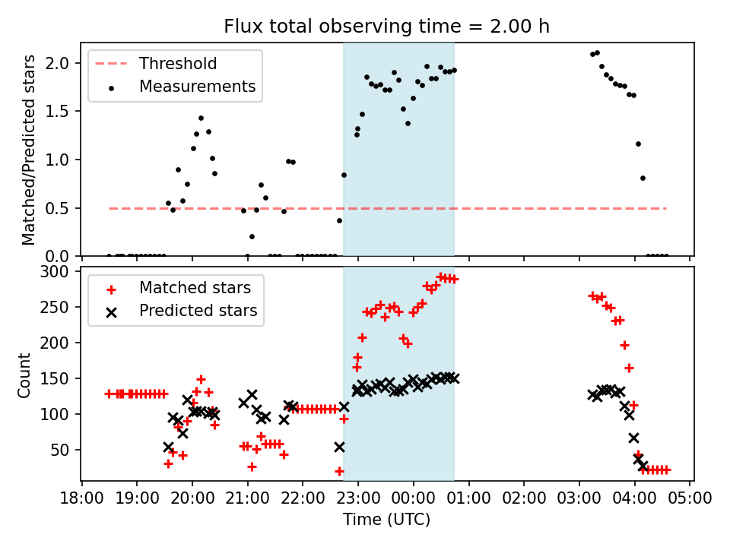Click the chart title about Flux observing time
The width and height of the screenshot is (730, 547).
point(386,27)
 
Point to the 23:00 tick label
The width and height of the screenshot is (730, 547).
point(358,498)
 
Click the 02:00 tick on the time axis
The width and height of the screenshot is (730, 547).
point(524,498)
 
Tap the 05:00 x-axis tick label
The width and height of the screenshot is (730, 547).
point(690,498)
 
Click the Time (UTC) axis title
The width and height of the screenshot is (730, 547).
point(386,520)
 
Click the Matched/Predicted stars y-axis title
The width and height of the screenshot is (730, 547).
point(28,150)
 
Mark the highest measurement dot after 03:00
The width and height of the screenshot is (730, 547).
point(597,52)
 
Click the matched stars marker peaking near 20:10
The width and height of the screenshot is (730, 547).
point(201,379)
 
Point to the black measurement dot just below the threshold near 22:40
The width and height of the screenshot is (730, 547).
point(339,220)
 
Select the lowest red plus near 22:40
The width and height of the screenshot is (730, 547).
point(339,471)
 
